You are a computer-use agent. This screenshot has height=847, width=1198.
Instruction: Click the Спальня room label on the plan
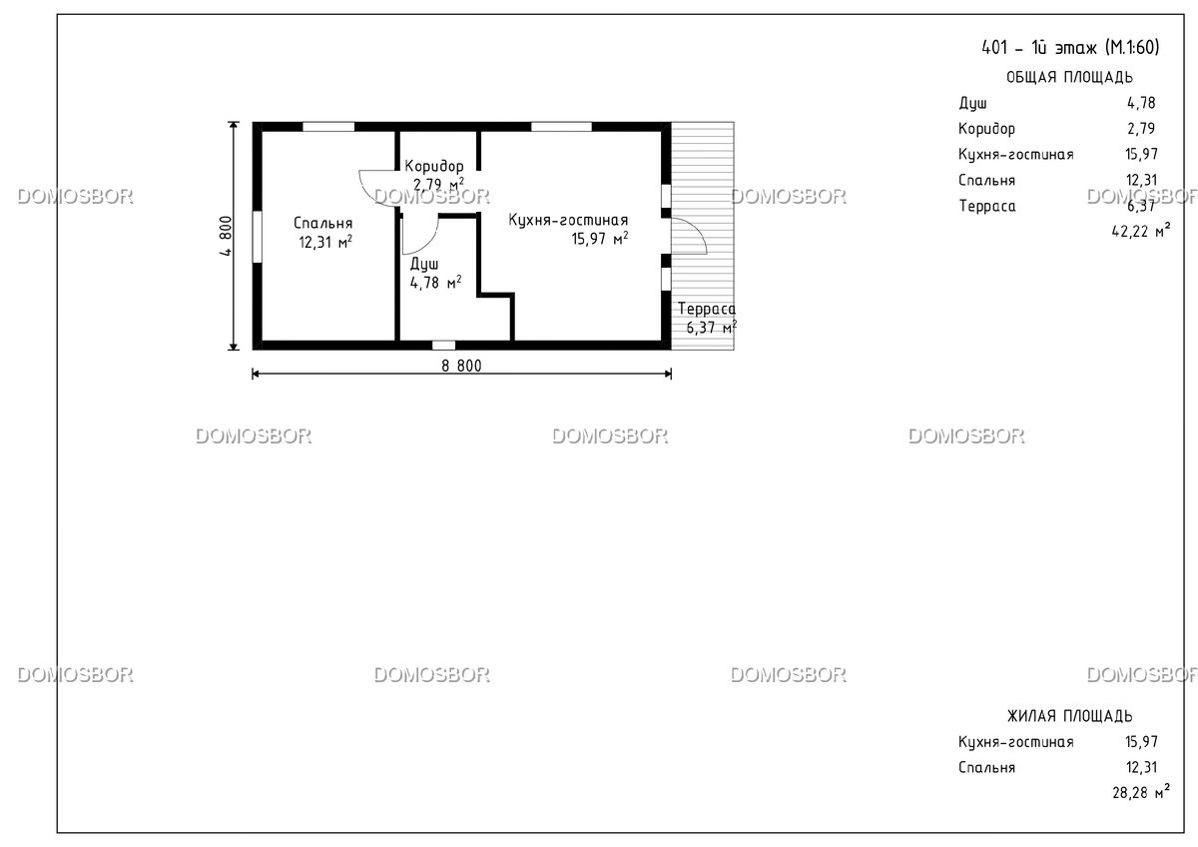323,223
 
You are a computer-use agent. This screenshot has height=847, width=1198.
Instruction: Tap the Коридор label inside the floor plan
433,166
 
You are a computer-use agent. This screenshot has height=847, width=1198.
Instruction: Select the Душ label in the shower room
424,264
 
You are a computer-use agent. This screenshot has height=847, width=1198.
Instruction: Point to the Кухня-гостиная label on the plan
568,220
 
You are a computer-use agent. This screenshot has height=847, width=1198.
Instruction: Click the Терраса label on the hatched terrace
707,309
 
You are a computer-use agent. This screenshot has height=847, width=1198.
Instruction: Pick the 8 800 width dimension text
461,366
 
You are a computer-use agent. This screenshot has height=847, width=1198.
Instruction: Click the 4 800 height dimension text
226,236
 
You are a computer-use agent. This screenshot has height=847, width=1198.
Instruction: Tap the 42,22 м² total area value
1141,231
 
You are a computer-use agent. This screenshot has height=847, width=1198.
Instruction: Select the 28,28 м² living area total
1141,792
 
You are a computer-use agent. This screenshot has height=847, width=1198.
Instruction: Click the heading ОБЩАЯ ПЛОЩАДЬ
1069,78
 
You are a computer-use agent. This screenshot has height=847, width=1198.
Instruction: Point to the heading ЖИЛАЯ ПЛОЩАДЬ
1069,716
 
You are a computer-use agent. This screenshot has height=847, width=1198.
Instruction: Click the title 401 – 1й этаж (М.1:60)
1070,48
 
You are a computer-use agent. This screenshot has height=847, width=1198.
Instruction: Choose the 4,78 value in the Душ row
1141,103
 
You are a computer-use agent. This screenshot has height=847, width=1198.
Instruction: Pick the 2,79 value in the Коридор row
1141,129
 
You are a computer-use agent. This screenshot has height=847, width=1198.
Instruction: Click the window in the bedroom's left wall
258,237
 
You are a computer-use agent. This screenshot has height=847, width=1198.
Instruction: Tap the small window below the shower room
444,346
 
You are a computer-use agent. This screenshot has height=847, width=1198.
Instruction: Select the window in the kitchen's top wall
561,127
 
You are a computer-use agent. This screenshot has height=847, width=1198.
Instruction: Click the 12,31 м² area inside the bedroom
325,242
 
